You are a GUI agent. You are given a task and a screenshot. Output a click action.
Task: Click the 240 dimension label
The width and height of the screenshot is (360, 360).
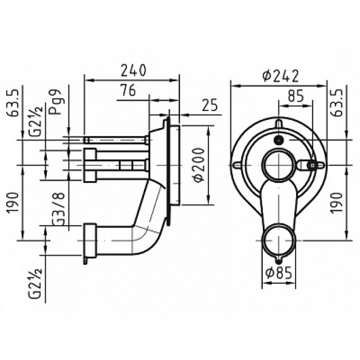(x=133, y=70)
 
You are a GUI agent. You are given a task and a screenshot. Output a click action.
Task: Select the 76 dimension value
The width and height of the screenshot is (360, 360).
(x=128, y=90)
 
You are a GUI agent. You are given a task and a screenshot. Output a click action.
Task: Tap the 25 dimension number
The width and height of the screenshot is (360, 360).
(x=210, y=105)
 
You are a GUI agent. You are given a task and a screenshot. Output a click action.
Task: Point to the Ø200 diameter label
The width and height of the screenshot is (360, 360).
(x=199, y=165)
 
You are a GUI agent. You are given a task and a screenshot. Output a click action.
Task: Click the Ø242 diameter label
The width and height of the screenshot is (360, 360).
(x=281, y=76)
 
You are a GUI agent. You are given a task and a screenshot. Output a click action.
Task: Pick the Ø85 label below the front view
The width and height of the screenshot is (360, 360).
(x=279, y=273)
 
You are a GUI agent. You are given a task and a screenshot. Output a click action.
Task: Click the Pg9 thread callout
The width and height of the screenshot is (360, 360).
(x=56, y=102)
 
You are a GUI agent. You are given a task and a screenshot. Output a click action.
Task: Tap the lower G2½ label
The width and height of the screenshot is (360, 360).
(x=35, y=283)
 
